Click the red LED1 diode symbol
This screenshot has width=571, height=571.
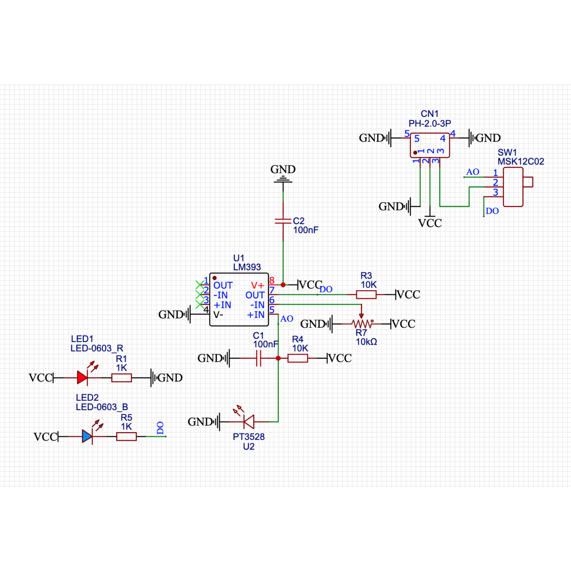[x=82, y=378]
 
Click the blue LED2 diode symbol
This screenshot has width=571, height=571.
[x=87, y=436]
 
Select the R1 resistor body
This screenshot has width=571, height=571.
[x=121, y=378]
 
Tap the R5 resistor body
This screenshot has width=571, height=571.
[x=126, y=436]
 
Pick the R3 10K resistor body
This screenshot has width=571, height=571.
[x=366, y=294]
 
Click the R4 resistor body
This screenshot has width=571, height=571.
[x=298, y=358]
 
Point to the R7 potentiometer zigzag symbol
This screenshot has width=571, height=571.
[x=362, y=324]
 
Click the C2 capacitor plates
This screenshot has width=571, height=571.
[x=283, y=221]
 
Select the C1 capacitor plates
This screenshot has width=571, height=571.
[x=259, y=358]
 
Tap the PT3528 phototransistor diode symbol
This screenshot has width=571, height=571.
[x=248, y=422]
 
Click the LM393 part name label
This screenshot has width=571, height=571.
[x=247, y=267]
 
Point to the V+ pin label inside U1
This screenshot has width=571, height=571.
[x=257, y=285]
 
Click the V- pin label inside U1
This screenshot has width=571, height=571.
[x=218, y=315]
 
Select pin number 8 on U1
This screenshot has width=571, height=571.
[x=272, y=280]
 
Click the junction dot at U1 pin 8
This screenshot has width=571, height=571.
[x=283, y=285]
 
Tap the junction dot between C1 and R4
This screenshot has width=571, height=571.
[x=278, y=358]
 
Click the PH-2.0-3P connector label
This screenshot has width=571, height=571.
[x=430, y=123]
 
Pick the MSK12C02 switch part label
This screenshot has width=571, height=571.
[x=521, y=162]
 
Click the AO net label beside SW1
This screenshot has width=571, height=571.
[x=473, y=172]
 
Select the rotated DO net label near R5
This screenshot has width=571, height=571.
[x=160, y=428]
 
